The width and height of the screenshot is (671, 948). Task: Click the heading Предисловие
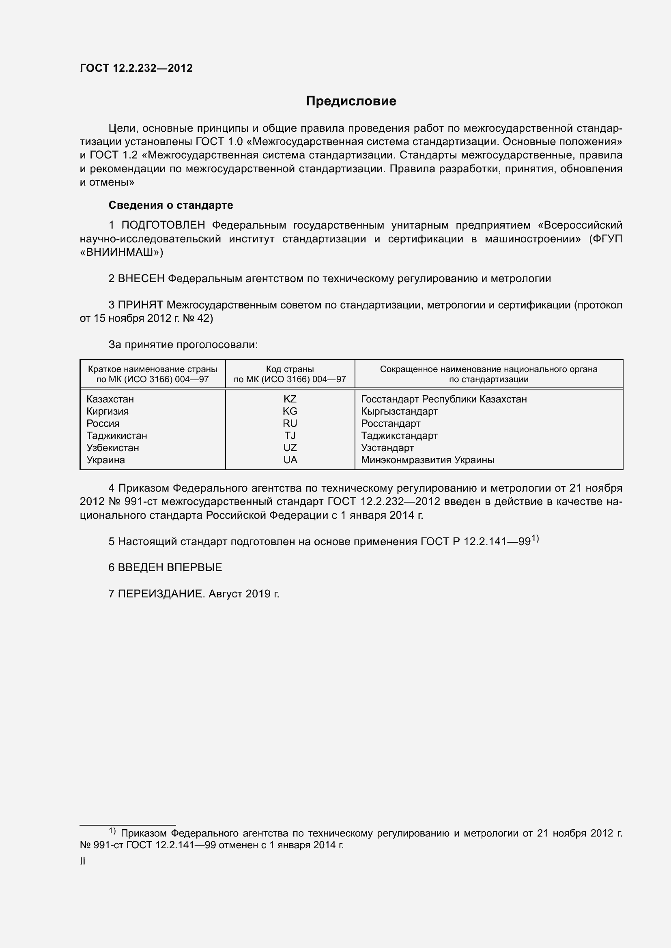coord(351,101)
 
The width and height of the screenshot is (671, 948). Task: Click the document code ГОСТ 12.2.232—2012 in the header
coord(136,68)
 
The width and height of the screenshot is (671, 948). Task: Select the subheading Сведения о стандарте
coord(171,205)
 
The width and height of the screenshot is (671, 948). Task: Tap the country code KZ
coord(290,399)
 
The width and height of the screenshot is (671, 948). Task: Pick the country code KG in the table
coord(290,411)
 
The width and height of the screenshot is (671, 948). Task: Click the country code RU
coord(290,424)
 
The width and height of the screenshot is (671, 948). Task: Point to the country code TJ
coord(290,436)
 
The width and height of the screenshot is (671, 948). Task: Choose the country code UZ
coord(290,448)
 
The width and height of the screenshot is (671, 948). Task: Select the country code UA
coord(290,460)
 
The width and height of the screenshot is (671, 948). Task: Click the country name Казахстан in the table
coord(110,399)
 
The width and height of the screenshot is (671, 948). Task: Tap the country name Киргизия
coord(108,411)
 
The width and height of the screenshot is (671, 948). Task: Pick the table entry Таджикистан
coord(117,436)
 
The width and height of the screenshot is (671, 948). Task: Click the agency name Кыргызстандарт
coord(399,411)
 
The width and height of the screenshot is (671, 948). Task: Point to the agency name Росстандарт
coord(390,424)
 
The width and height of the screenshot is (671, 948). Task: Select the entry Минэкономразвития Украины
coord(428,460)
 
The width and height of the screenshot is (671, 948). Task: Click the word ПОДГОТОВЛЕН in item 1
coord(163,225)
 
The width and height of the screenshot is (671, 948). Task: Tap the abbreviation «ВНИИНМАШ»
coord(121,252)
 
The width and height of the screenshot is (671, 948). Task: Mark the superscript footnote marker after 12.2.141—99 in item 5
coord(535,538)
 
